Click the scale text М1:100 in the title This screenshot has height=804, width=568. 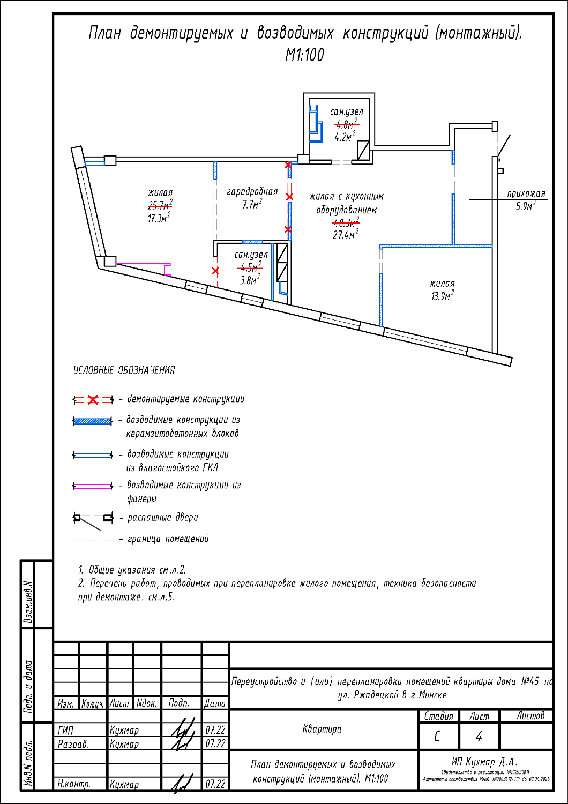304,55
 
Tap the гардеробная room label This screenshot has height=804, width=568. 252,192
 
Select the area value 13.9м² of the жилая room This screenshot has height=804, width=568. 442,296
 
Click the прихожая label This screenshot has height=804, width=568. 526,193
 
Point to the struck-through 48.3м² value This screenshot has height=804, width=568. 346,222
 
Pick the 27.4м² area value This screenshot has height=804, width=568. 346,235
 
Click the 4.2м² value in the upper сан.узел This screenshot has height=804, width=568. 345,137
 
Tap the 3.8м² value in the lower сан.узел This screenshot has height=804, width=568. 250,280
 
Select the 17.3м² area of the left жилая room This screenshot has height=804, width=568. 159,218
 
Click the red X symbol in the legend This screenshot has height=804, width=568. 93,400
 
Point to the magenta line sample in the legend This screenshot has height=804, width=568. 93,486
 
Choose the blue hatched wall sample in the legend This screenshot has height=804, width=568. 93,421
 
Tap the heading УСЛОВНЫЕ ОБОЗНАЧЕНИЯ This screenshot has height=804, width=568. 124,370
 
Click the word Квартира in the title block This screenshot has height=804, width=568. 322,729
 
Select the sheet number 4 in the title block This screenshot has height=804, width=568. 479,736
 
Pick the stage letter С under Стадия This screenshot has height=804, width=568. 437,736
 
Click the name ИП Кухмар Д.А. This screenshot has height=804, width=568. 484,762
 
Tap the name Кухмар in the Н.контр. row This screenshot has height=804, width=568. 124,784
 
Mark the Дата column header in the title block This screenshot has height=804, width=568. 215,703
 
